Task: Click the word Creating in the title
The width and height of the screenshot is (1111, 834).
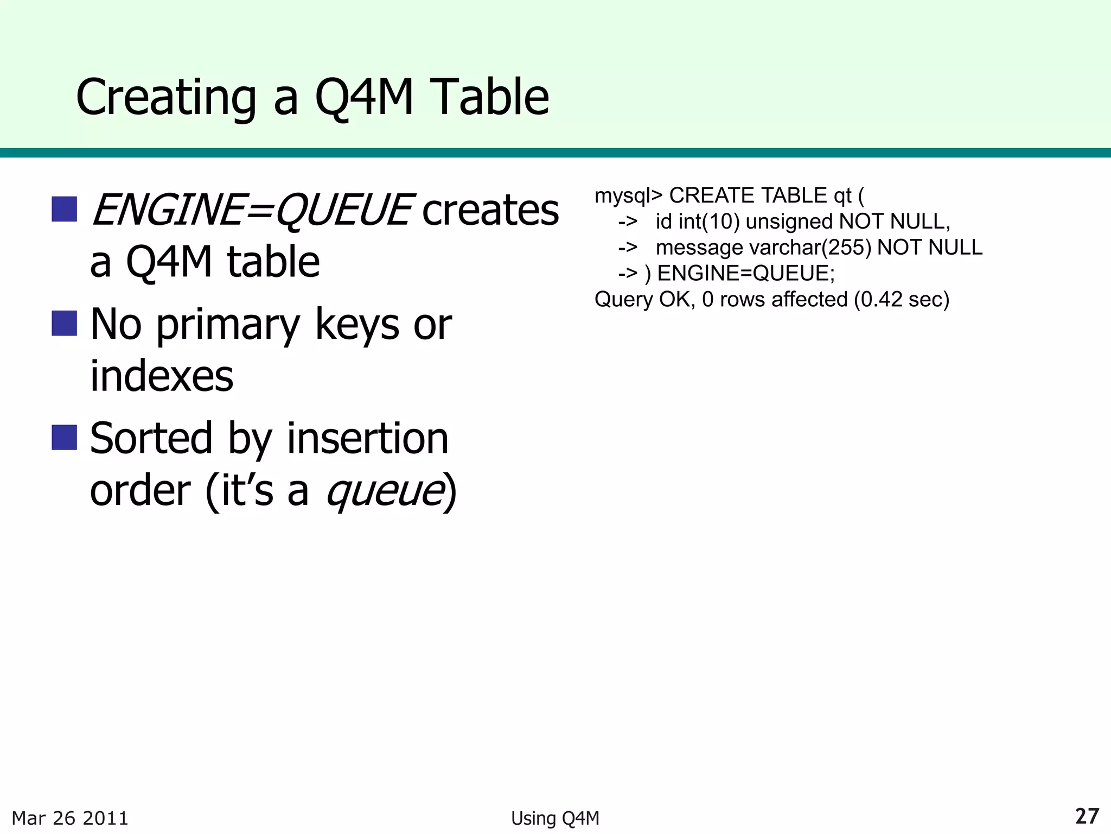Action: [x=165, y=98]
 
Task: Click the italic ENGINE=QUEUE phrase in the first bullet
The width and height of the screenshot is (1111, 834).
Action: [x=251, y=210]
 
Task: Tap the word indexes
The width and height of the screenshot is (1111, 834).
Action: [x=162, y=376]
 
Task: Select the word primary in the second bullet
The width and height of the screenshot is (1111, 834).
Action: [x=228, y=325]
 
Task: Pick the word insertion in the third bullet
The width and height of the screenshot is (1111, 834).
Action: [x=367, y=438]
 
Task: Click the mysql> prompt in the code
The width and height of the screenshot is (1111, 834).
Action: [x=628, y=195]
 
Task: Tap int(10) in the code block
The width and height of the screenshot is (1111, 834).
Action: [x=709, y=222]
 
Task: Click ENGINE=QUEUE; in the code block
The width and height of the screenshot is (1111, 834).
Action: [x=746, y=273]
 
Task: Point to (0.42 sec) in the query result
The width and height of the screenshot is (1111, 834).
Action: [x=902, y=299]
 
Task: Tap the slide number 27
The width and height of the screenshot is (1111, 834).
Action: [x=1087, y=816]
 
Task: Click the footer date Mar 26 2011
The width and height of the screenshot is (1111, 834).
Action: [x=70, y=818]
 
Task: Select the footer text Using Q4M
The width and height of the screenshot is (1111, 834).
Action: [x=555, y=818]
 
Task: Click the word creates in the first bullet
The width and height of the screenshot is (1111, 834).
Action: [x=490, y=210]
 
